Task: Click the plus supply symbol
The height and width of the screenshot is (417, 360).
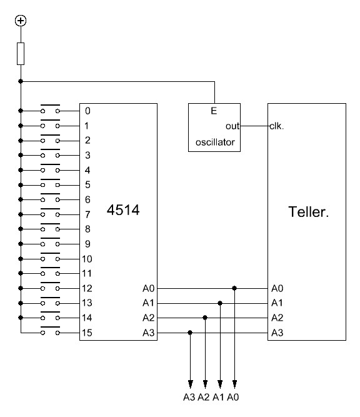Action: pos(21,21)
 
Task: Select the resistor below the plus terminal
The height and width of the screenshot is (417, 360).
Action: pos(21,54)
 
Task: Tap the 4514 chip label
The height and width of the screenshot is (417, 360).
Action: pos(123,210)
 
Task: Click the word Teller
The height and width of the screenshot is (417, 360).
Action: pos(308,212)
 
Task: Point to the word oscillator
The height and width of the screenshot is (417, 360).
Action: pos(215,143)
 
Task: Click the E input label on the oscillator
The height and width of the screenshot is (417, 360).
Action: pos(214,111)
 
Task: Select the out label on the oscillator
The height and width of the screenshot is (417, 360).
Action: pos(232,126)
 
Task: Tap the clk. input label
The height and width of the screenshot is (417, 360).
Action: pos(277,126)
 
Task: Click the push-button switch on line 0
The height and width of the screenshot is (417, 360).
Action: pos(50,109)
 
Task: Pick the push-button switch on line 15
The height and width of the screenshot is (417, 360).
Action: pos(50,331)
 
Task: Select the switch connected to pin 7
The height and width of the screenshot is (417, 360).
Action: pos(50,213)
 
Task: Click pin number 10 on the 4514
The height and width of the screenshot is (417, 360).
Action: pos(87,259)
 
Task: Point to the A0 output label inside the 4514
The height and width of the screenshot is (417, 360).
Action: pos(148,288)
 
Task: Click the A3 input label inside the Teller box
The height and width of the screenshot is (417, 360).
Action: pos(277,333)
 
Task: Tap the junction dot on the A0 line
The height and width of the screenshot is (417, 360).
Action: pos(234,288)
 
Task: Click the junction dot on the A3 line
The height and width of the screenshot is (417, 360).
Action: pos(190,333)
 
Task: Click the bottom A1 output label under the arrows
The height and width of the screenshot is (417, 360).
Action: pos(218,398)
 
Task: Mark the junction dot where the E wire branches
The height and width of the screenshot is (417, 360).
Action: pos(21,81)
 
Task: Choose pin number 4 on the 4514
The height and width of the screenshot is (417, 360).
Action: pos(87,170)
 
